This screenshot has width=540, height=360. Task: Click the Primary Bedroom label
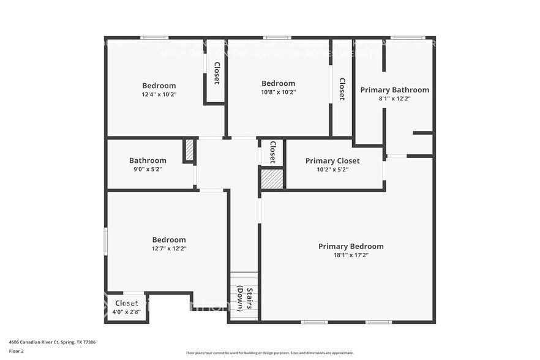pyautogui.click(x=351, y=246)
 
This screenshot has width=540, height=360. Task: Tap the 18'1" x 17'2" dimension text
pyautogui.click(x=351, y=255)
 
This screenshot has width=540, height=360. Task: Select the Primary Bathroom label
pyautogui.click(x=394, y=90)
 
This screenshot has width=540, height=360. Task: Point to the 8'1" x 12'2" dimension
pyautogui.click(x=394, y=99)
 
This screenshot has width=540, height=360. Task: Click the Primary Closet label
pyautogui.click(x=332, y=161)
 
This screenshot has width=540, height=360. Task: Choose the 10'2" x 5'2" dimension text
pyautogui.click(x=332, y=170)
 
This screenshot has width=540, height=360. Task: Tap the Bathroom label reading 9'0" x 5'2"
pyautogui.click(x=148, y=161)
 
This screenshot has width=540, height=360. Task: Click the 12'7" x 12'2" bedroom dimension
pyautogui.click(x=169, y=249)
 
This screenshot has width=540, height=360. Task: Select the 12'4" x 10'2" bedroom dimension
pyautogui.click(x=159, y=94)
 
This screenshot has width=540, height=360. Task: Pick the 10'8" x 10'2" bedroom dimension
pyautogui.click(x=279, y=92)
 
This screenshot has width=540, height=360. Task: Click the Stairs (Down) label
pyautogui.click(x=244, y=298)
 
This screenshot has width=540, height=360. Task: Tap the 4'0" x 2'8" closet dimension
pyautogui.click(x=127, y=312)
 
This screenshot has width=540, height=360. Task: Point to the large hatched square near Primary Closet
pyautogui.click(x=272, y=179)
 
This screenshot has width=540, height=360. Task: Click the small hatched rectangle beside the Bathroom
pyautogui.click(x=189, y=151)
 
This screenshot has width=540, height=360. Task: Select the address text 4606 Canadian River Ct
pyautogui.click(x=52, y=342)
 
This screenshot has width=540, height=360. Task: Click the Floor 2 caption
pyautogui.click(x=17, y=351)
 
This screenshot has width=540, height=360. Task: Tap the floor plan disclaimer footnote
pyautogui.click(x=269, y=353)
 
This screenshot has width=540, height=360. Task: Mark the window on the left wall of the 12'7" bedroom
pyautogui.click(x=106, y=241)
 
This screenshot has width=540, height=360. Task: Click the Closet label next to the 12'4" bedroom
pyautogui.click(x=217, y=73)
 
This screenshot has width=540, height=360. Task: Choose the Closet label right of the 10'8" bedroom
pyautogui.click(x=342, y=89)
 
